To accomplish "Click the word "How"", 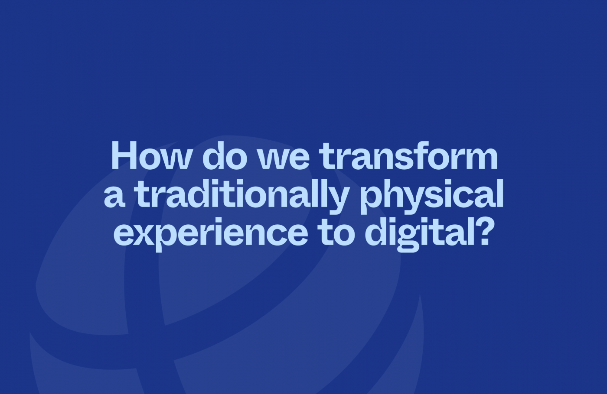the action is click(150, 155).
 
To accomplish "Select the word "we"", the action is click(283, 159).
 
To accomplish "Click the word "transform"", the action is click(408, 155).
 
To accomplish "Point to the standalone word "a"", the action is click(114, 197).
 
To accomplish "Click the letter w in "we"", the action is click(272, 159).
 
